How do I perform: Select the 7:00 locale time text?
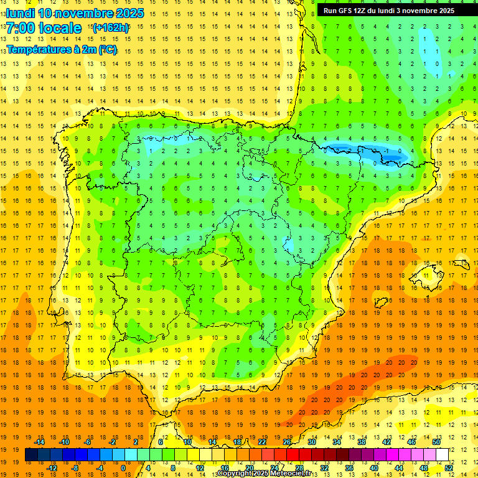point(44,28)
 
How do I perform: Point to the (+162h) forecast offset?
point(110,27)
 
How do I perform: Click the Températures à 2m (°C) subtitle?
point(62,50)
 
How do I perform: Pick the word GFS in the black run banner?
point(348,11)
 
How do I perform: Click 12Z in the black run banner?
point(365,11)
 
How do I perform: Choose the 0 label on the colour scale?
point(123,468)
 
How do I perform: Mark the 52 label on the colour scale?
point(449,468)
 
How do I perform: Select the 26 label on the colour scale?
point(287,442)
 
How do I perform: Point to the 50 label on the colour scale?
point(436,442)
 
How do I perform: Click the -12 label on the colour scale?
point(52,468)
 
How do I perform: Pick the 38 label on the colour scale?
point(362,442)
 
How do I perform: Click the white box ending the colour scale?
point(442,455)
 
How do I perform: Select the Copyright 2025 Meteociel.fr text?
point(264,474)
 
